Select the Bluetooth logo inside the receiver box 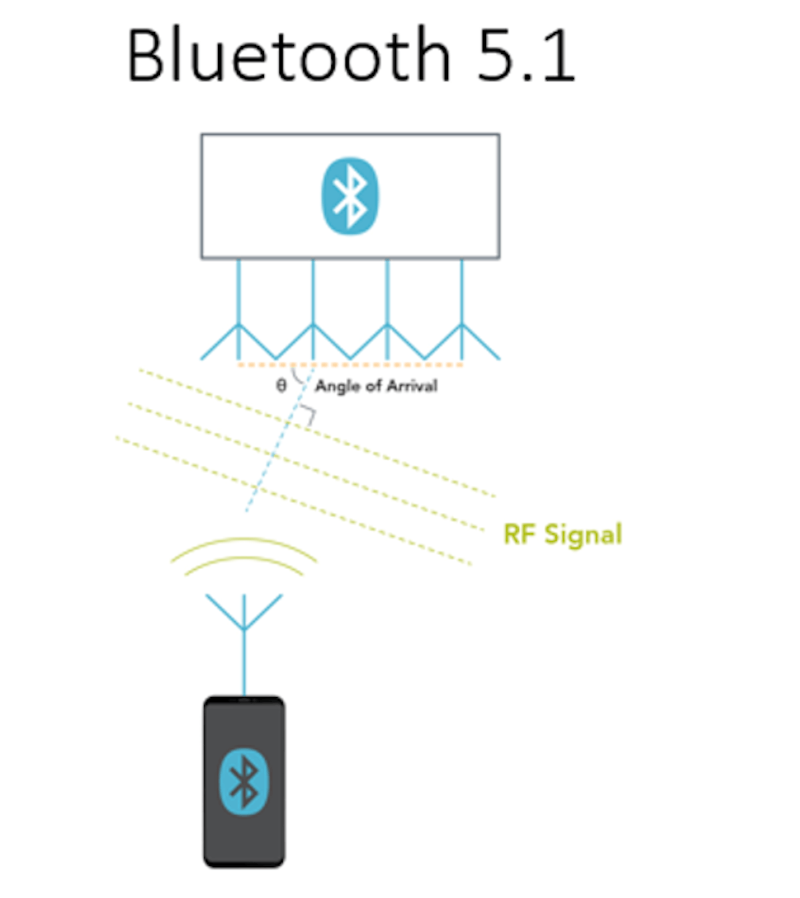click(350, 196)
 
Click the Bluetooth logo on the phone click(244, 781)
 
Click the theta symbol click(281, 386)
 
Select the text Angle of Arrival click(376, 386)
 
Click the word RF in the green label click(520, 534)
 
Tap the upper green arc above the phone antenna click(244, 541)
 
